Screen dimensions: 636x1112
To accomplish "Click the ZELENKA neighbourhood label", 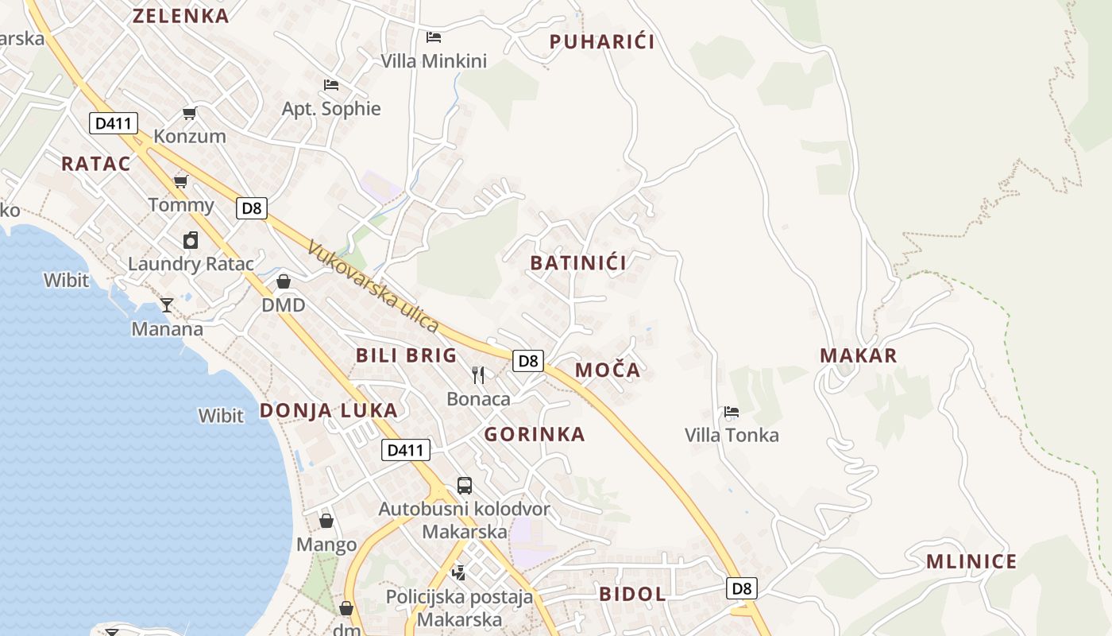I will coord(180,16).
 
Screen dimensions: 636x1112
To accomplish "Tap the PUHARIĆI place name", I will coord(602,42).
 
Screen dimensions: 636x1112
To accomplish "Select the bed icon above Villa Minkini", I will coord(434,37).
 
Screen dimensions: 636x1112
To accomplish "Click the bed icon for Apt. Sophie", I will coord(331,84).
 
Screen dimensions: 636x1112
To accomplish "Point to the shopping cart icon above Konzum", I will coord(189,113).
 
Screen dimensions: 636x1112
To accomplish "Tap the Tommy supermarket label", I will coord(181,205).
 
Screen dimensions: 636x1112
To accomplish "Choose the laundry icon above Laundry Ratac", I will coord(191,240).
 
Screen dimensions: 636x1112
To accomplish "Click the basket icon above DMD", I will coord(284,281).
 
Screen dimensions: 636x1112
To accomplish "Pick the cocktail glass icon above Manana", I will coord(167,304).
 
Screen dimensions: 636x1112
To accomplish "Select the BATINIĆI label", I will coord(578,263).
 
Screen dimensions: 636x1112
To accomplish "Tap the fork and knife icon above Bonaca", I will coord(478,374).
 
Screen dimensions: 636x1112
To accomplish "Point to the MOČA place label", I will coord(608,370).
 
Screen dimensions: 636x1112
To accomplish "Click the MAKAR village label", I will coord(858,355).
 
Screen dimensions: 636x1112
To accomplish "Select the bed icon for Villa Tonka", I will coord(732,412).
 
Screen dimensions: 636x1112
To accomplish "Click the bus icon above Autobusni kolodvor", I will coord(465,485).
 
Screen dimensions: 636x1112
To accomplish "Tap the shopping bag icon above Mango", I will coord(326,521).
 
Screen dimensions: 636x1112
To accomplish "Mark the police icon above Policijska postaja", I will coord(458,572).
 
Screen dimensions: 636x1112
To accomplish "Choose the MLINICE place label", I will coord(971,562).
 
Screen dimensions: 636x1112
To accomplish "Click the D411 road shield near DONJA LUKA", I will coord(405,450).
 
